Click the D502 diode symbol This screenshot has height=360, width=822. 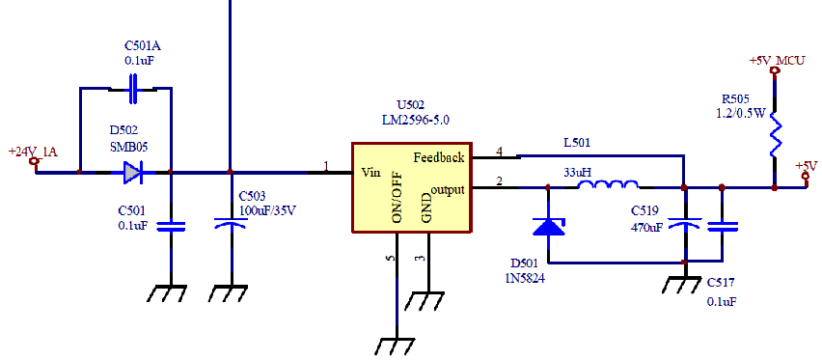(133, 172)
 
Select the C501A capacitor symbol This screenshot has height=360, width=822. (133, 88)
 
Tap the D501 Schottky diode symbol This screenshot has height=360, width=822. (548, 226)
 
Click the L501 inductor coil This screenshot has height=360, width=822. (608, 183)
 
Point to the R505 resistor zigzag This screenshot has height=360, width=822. (775, 136)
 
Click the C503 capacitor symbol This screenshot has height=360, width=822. (232, 223)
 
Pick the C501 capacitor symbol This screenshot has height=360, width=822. (171, 226)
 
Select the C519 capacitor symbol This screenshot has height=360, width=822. (685, 224)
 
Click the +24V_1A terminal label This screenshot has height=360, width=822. (33, 152)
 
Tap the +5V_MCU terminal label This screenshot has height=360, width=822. (777, 61)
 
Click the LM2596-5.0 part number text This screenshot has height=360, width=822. (416, 120)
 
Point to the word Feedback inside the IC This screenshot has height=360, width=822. (439, 157)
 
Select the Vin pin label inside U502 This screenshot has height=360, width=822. (371, 172)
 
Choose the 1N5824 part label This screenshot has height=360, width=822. (525, 279)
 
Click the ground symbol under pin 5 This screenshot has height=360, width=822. (396, 346)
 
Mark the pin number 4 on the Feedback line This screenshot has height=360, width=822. (499, 152)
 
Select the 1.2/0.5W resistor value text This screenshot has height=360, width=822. (741, 113)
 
